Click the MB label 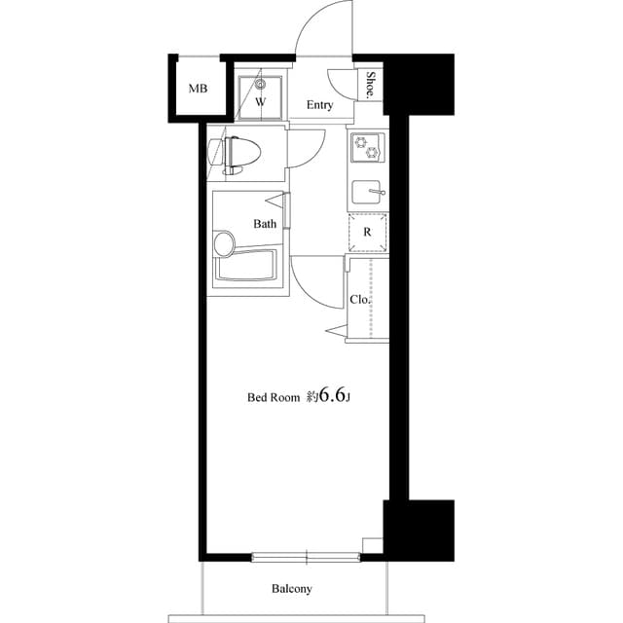click(198, 90)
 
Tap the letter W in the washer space click(261, 101)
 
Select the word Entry click(320, 105)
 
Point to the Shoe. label click(372, 85)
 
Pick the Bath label click(265, 224)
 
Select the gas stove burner click(368, 147)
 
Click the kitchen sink click(367, 192)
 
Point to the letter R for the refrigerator click(367, 233)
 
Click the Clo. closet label click(360, 300)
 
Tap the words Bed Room click(273, 397)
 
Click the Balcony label click(291, 589)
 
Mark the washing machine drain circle click(261, 84)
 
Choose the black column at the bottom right click(420, 530)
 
